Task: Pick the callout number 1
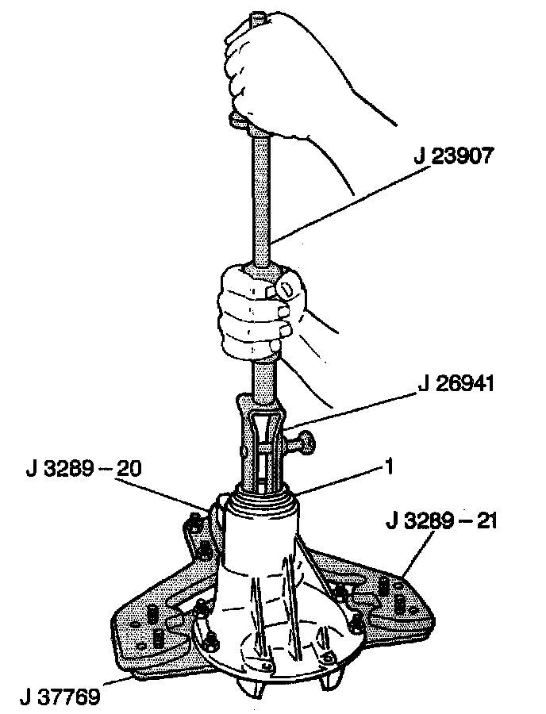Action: tap(388, 469)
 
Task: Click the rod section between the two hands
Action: tap(261, 198)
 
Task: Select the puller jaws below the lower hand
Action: tap(262, 444)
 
